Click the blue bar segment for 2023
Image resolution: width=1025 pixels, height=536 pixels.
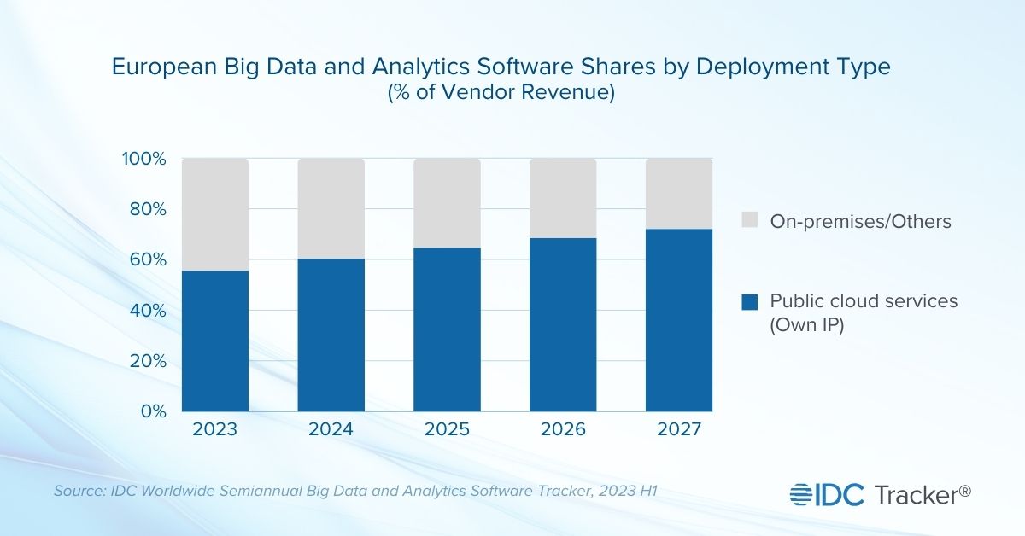tap(215, 341)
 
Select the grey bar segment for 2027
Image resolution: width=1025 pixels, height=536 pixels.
tap(679, 194)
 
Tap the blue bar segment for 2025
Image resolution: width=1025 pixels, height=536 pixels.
tap(447, 329)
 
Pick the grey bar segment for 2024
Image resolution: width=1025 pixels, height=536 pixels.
tap(331, 208)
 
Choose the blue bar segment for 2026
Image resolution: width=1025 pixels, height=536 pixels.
tap(563, 324)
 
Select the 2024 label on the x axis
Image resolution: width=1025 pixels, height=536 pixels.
tap(331, 429)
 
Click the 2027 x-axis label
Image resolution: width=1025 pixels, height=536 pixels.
tap(679, 429)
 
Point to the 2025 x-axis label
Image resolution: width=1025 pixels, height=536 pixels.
tap(447, 429)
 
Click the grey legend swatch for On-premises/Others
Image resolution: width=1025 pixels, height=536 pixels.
tap(750, 222)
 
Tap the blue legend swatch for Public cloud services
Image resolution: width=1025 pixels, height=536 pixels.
tap(750, 301)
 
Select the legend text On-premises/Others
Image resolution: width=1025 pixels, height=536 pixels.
tap(860, 222)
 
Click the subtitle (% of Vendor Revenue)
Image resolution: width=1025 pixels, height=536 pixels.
tap(501, 93)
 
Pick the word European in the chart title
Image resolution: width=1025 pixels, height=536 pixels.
tap(161, 67)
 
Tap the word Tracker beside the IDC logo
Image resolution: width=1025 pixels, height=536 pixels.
tap(914, 493)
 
